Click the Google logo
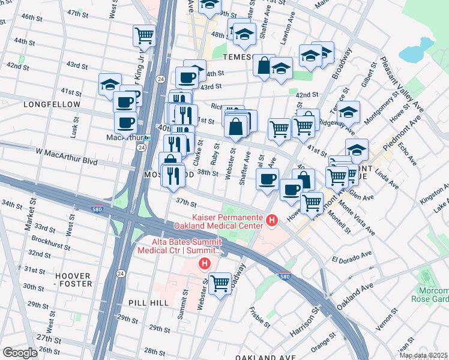point(20,353)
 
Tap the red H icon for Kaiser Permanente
point(272,221)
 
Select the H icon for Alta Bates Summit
point(205,263)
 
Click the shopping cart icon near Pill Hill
point(220,281)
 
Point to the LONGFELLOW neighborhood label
point(52,104)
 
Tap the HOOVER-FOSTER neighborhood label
point(73,280)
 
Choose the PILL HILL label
point(148,304)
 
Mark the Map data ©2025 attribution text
point(424,355)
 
